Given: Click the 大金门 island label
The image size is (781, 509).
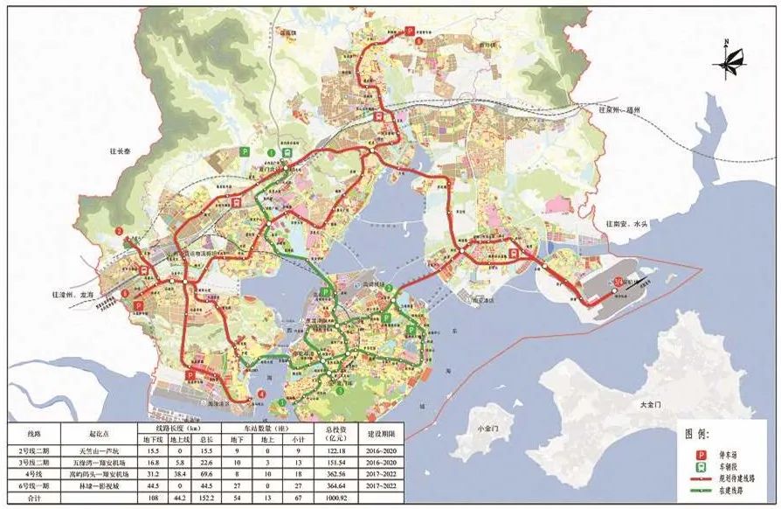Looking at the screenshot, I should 650,406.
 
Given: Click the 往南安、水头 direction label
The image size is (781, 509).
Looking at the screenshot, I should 627,224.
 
